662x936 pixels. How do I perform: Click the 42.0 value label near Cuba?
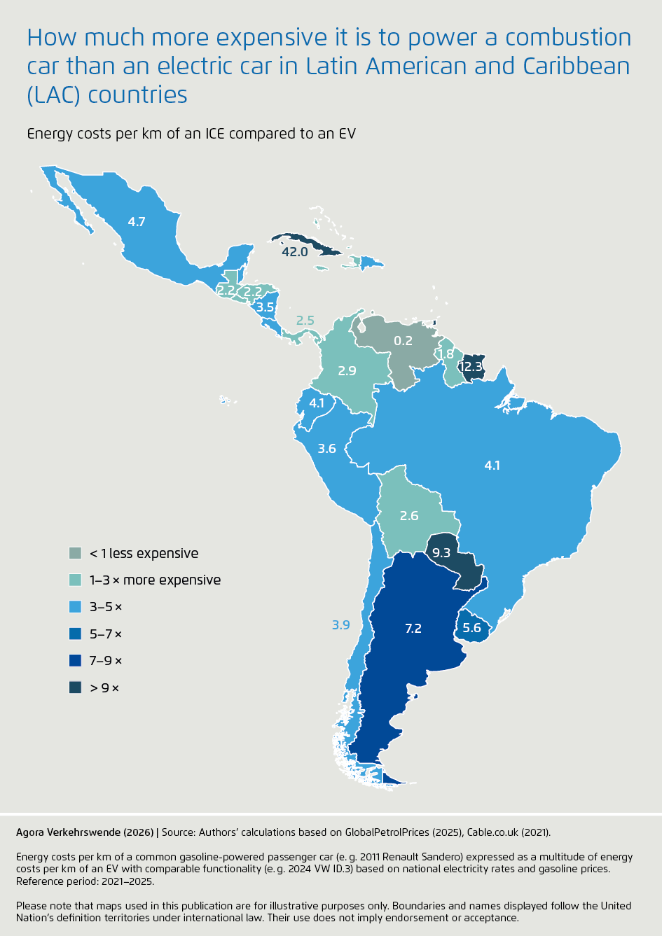click(x=294, y=252)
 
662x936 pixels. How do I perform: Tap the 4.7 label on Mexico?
click(x=137, y=222)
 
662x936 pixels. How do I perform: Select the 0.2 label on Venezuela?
click(x=403, y=341)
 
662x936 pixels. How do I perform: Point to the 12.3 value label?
click(x=471, y=366)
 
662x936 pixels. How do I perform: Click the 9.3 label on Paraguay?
click(x=441, y=553)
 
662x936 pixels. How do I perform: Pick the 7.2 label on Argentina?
click(x=413, y=629)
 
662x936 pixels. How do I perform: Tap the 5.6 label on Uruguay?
click(x=472, y=627)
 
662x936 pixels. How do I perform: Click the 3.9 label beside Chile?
click(x=340, y=624)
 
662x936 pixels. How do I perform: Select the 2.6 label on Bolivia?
click(x=409, y=516)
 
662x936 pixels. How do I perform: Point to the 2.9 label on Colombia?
click(x=347, y=371)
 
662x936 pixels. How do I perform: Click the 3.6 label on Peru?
click(x=327, y=449)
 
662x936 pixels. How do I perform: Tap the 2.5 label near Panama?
click(x=305, y=321)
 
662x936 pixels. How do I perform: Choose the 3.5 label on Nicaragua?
click(x=265, y=307)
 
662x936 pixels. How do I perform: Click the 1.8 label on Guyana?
click(x=446, y=355)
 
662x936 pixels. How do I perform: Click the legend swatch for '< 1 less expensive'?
click(x=76, y=554)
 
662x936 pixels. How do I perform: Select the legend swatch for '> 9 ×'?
click(x=76, y=688)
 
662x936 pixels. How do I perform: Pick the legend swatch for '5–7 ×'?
click(x=76, y=634)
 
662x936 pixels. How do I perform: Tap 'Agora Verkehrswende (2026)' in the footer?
click(x=85, y=832)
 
